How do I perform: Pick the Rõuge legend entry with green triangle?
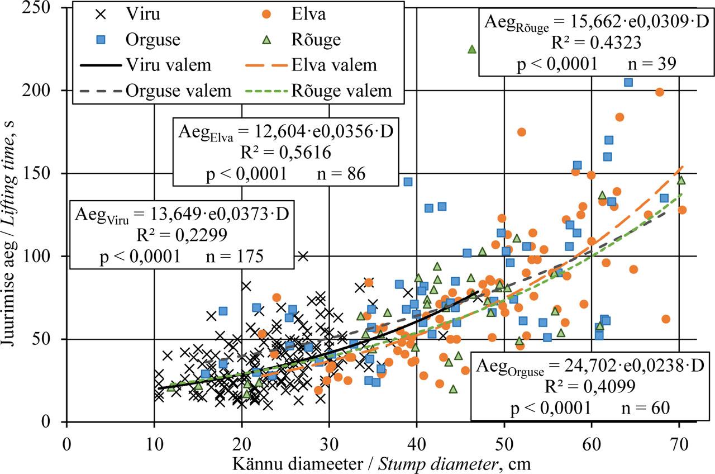point(313,40)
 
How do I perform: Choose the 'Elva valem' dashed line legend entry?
point(313,65)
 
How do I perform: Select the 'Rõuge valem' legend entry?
point(313,90)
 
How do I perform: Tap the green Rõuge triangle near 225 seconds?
point(471,49)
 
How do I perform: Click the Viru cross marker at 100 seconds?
point(303,256)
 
